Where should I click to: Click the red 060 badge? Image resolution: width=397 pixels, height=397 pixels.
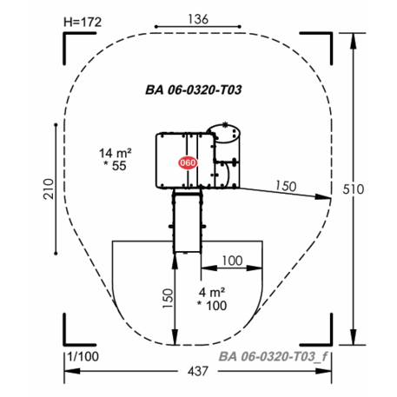(x=188, y=162)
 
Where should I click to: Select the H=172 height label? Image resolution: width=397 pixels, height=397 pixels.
(x=83, y=22)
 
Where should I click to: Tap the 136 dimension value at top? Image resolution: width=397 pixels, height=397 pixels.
(x=198, y=19)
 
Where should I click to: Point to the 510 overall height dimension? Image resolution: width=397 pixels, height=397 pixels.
(x=353, y=189)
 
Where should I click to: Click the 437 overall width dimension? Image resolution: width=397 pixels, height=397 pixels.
(x=198, y=371)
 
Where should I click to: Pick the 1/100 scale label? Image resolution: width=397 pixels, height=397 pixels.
(x=83, y=356)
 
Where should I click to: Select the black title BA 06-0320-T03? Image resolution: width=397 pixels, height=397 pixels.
(x=194, y=89)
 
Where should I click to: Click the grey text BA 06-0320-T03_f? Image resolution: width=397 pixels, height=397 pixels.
(x=273, y=356)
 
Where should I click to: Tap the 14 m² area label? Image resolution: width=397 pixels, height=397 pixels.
(x=116, y=153)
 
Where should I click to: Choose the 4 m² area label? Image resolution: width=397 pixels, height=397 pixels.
(x=212, y=293)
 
